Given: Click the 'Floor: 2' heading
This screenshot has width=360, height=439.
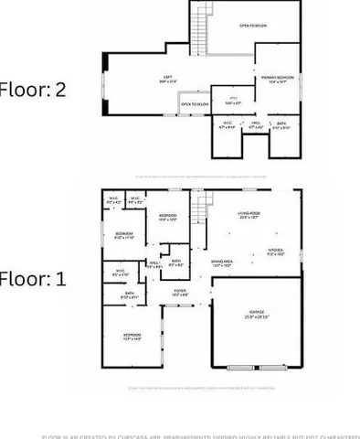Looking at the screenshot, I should tap(33, 90).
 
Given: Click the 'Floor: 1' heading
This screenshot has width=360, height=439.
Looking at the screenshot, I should tap(33, 278).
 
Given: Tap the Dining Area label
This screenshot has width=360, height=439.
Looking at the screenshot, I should tap(222, 262).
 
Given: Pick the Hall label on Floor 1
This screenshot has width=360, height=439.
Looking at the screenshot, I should tap(154, 264).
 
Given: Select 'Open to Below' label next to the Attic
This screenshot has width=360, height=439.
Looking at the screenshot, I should tap(193, 104).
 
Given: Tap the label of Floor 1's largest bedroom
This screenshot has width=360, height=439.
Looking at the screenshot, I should tap(132, 337).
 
